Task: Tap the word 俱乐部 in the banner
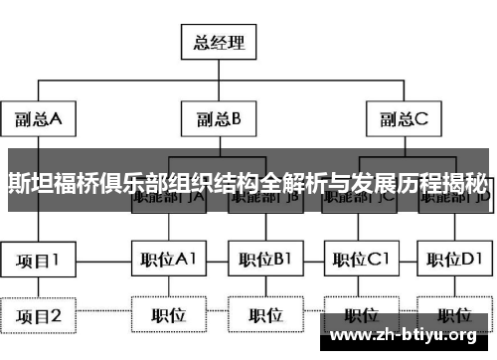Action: [135, 181]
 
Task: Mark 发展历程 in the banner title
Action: [384, 181]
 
